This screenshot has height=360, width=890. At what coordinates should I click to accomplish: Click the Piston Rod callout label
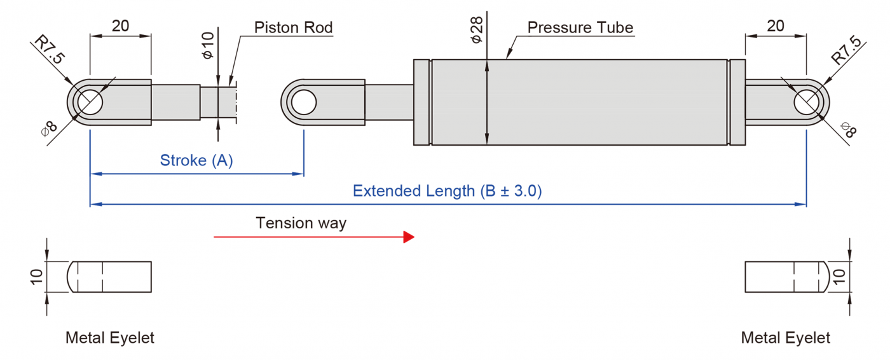click(293, 27)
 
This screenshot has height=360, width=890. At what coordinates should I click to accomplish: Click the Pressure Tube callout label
click(580, 28)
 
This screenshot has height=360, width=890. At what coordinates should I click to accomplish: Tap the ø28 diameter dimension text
click(477, 29)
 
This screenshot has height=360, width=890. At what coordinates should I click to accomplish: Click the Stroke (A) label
click(196, 160)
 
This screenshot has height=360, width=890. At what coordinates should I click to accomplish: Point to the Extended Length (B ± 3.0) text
click(447, 191)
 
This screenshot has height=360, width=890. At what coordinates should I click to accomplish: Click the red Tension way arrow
click(314, 237)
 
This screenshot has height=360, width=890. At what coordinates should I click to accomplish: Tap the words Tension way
click(301, 223)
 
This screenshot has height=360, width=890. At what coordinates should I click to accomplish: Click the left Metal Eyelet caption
click(110, 338)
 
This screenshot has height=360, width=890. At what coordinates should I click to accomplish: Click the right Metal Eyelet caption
click(786, 338)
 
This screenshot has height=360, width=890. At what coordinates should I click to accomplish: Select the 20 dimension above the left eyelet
click(121, 26)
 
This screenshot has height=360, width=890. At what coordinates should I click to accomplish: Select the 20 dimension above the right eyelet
click(776, 26)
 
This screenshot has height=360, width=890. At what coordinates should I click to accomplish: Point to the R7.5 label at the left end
click(50, 51)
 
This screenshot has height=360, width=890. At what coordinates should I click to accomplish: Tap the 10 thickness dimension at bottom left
click(36, 276)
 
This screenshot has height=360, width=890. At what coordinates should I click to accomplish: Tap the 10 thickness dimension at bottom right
click(839, 276)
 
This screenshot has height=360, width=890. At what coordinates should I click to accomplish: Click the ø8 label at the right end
click(848, 131)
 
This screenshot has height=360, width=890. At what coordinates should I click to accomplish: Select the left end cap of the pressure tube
click(422, 102)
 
